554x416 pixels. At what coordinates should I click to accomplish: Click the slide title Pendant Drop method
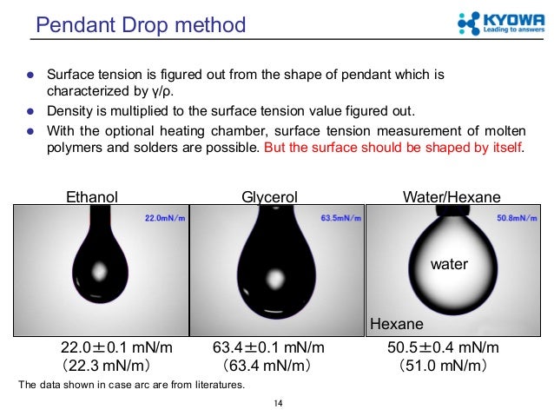pos(140,24)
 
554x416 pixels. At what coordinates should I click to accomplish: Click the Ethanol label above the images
pos(92,197)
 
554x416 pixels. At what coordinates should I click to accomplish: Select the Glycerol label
pos(270,197)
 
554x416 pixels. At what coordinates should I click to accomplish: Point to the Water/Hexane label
pos(452,197)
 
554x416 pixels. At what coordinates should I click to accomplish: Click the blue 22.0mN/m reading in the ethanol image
pos(164,218)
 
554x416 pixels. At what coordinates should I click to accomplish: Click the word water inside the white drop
pos(450,264)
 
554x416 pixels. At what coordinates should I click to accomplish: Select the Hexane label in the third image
pos(397,324)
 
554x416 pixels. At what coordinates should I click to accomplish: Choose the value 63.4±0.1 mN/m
pos(270,348)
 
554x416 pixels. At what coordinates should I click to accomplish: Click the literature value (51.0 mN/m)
pos(442,365)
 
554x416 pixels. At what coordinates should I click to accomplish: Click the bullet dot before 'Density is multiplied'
pos(30,111)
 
